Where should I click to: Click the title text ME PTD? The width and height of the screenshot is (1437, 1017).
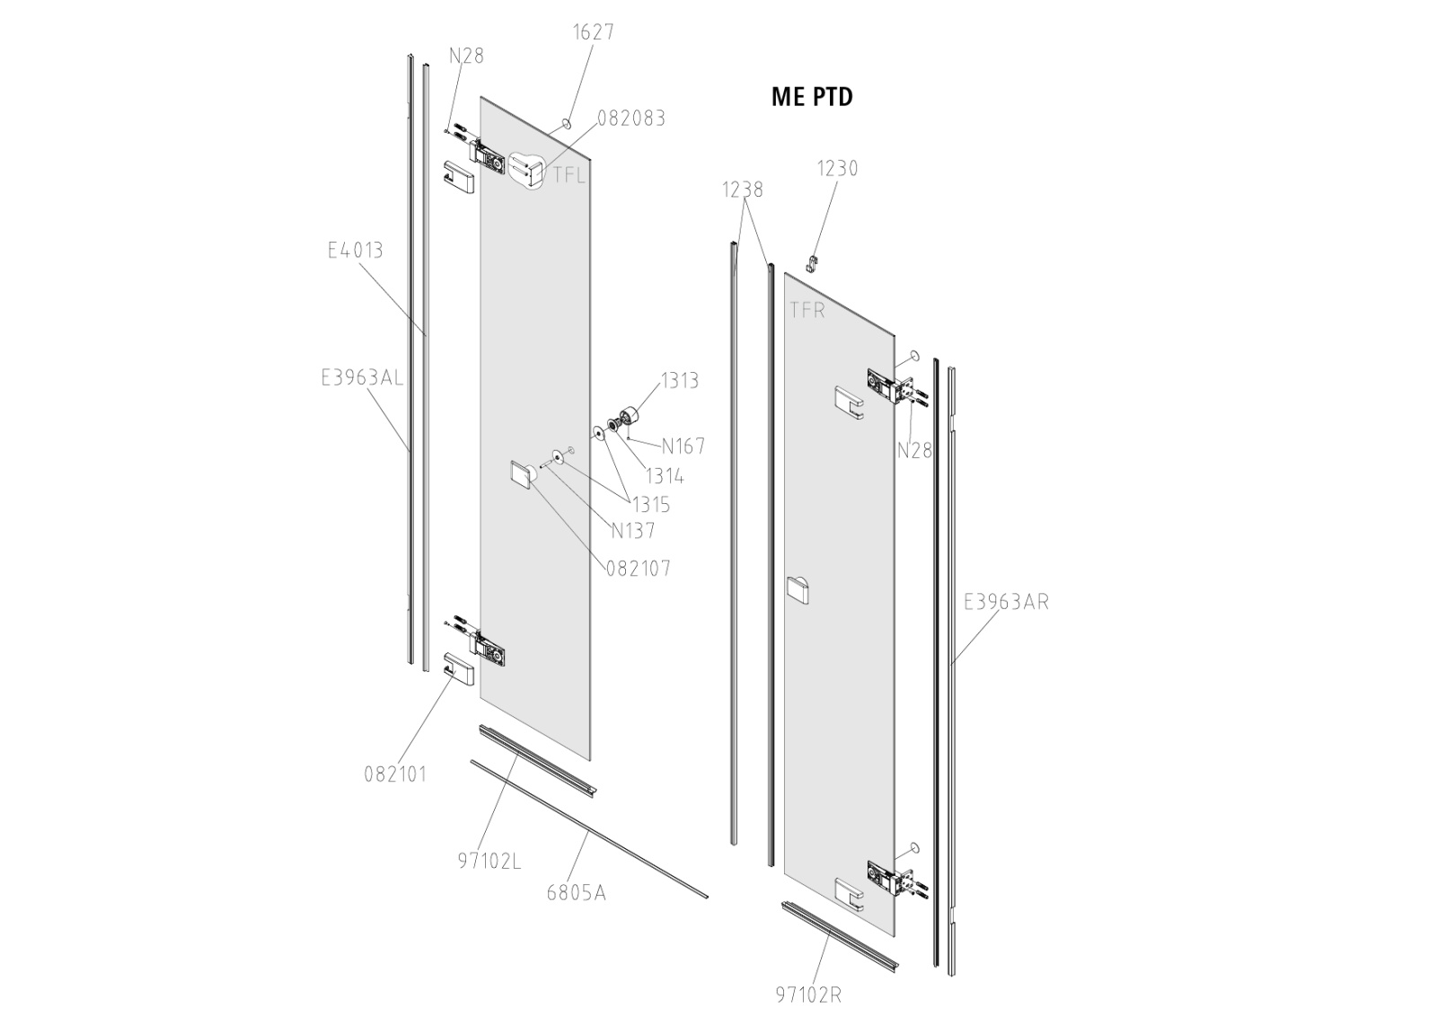click(812, 96)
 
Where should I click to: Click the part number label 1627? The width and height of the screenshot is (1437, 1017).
click(594, 32)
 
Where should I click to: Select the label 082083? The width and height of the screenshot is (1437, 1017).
click(631, 119)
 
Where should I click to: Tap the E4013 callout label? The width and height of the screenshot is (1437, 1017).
click(355, 250)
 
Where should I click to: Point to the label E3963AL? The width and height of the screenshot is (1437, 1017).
click(362, 378)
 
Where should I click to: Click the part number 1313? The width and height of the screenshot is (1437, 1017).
click(679, 381)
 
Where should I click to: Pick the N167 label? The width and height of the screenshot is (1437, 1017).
click(683, 447)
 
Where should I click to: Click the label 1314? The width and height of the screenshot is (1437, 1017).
click(665, 476)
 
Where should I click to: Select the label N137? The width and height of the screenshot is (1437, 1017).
click(632, 531)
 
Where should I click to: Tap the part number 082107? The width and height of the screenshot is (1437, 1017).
click(638, 569)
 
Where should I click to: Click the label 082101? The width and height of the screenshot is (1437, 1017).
click(395, 774)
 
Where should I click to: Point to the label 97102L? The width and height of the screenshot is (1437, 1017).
click(489, 861)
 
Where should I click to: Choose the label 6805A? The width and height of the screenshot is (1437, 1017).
click(576, 893)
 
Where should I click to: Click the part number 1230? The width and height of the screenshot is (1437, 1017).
click(837, 169)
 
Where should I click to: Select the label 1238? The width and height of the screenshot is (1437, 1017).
click(743, 190)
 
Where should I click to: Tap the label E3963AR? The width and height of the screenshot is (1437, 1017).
click(1006, 602)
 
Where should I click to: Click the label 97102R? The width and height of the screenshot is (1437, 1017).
click(808, 995)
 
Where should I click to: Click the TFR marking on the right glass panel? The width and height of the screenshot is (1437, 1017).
click(807, 311)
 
